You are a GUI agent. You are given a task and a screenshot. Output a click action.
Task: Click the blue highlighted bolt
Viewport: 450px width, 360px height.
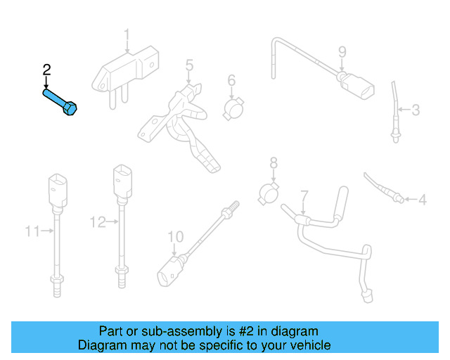[60, 102]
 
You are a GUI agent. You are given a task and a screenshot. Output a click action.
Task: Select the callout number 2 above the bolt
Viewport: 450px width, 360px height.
[47, 70]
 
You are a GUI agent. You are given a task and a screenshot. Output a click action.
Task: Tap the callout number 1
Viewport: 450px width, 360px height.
[127, 34]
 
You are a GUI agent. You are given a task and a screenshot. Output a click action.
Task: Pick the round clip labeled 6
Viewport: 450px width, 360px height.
[233, 108]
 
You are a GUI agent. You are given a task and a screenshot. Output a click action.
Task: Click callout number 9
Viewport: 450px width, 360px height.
[342, 51]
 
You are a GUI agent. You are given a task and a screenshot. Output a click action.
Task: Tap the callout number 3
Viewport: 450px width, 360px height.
[416, 110]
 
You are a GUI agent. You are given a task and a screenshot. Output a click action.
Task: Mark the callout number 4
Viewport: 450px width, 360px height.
[422, 200]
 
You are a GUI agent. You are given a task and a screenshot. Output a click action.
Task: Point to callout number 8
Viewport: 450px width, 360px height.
[274, 163]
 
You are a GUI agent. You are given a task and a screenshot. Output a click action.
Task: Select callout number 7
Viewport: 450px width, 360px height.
[304, 195]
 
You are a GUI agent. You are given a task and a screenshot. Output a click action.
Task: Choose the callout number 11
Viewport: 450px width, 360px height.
[32, 230]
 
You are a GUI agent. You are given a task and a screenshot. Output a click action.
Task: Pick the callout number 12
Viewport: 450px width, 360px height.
[97, 222]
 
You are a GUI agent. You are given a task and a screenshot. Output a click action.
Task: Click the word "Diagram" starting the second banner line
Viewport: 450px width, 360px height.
[99, 345]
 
